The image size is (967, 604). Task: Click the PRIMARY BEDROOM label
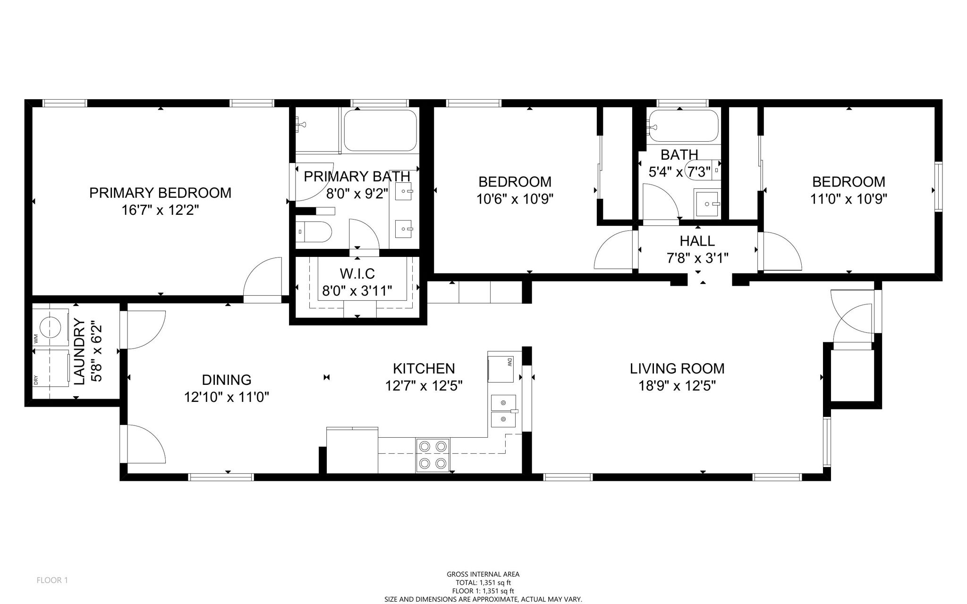[160, 193]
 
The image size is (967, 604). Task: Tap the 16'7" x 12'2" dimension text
[160, 210]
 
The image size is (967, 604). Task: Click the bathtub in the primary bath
[380, 130]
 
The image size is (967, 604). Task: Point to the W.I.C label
[357, 273]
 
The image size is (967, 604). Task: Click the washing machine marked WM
[51, 327]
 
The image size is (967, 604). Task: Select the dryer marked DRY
[51, 368]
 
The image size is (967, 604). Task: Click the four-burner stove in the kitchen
[433, 455]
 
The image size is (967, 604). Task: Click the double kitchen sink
[504, 411]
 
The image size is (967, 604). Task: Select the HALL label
[697, 241]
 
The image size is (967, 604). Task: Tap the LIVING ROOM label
[677, 368]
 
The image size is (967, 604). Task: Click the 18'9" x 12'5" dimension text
[677, 386]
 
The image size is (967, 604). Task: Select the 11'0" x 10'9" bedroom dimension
[848, 199]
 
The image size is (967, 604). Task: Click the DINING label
[227, 380]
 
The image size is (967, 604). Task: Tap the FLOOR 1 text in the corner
[52, 580]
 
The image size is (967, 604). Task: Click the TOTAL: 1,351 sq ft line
[483, 583]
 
